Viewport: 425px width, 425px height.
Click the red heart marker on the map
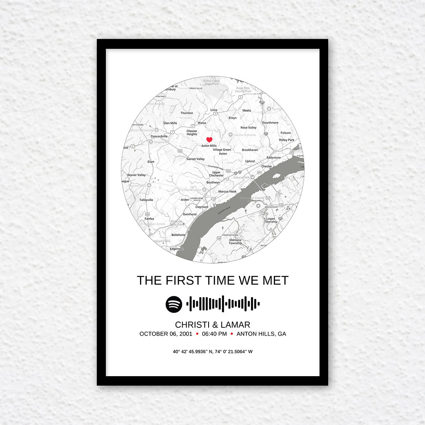209,139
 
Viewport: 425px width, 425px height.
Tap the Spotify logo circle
174,304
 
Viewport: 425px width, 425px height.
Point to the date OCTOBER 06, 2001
166,334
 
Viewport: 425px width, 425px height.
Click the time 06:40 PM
214,334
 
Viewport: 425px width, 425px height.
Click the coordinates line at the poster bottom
213,351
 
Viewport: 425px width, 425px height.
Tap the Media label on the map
246,111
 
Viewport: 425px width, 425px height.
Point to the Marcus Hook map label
227,192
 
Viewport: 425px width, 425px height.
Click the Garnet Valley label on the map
196,159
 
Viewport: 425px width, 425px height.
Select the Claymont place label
202,207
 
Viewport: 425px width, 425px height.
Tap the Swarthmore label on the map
270,123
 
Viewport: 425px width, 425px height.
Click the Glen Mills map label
170,123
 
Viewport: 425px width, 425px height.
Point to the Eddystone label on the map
273,158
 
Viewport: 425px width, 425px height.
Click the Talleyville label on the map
146,200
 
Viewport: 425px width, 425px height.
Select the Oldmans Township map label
235,241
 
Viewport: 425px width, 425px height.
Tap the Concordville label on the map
159,136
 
